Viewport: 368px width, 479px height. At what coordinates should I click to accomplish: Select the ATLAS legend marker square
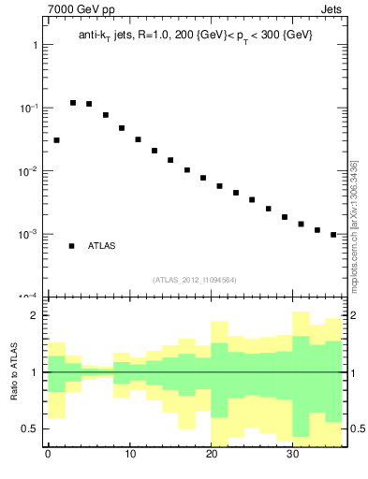click(x=71, y=246)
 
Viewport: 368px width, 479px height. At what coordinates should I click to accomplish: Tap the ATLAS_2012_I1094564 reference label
click(x=194, y=279)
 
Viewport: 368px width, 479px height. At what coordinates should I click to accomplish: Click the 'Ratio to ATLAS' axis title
click(x=14, y=371)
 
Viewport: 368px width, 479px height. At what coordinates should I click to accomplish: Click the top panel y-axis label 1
click(x=35, y=45)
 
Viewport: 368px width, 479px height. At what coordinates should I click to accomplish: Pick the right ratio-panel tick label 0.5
click(x=357, y=428)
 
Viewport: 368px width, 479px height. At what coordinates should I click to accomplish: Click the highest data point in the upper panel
click(x=73, y=103)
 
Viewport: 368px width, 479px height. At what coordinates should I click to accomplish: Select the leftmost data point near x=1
click(x=56, y=140)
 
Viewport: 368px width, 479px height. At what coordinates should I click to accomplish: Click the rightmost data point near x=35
click(x=333, y=235)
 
